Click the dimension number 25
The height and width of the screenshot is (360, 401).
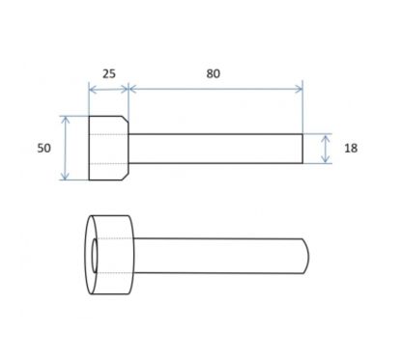click(x=109, y=74)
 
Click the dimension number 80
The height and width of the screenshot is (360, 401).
click(x=214, y=73)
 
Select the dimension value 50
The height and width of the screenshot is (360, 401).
click(x=43, y=148)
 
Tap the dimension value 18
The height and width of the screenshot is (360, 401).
click(x=351, y=148)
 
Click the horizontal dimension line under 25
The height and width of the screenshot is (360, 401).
click(x=109, y=89)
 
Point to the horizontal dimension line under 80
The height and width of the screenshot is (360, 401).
click(x=215, y=89)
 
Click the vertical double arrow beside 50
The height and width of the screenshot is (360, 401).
click(x=66, y=148)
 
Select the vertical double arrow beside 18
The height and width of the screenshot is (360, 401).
click(x=326, y=149)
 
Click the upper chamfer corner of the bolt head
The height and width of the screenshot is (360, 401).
click(x=126, y=120)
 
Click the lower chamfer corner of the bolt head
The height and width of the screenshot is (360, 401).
click(x=126, y=177)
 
